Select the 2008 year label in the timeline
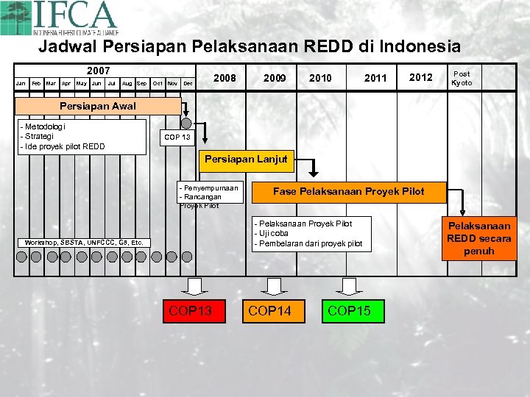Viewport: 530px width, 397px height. pos(225,78)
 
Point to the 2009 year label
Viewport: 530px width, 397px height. pos(274,78)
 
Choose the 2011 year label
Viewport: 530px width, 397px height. pos(375,78)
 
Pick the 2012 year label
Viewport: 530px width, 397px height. pos(420,78)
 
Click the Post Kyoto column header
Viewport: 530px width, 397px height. pos(462,78)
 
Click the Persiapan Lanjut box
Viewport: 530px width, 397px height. pos(246,159)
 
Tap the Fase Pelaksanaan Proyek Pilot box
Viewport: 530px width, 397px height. pos(348,192)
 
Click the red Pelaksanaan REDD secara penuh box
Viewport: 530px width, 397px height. pos(479,238)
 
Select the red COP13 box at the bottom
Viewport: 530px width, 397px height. pos(190,311)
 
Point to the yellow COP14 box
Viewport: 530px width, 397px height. pos(269,311)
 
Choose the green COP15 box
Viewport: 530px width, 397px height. pos(349,311)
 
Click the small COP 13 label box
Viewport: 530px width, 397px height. pos(177,137)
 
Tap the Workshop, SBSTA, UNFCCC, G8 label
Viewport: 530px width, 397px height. pos(84,242)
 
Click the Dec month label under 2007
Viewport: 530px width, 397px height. pos(188,84)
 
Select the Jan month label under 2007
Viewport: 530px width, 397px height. pos(21,84)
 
